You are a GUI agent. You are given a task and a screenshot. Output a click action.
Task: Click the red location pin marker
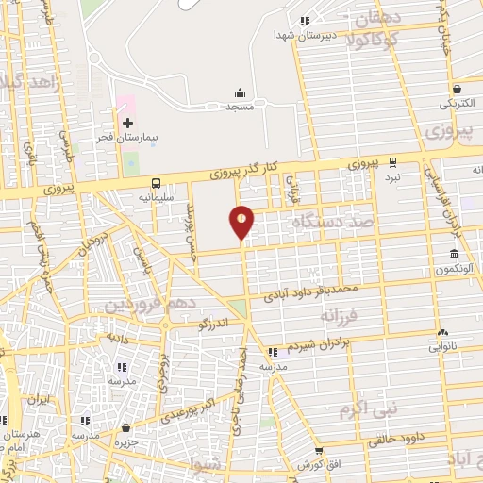241,223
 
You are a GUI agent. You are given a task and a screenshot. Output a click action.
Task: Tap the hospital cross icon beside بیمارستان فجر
127,123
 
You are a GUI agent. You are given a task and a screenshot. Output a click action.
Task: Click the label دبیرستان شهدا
300,35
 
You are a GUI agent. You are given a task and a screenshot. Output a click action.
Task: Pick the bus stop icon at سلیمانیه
156,183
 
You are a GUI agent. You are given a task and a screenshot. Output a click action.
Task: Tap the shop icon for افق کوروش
320,452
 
